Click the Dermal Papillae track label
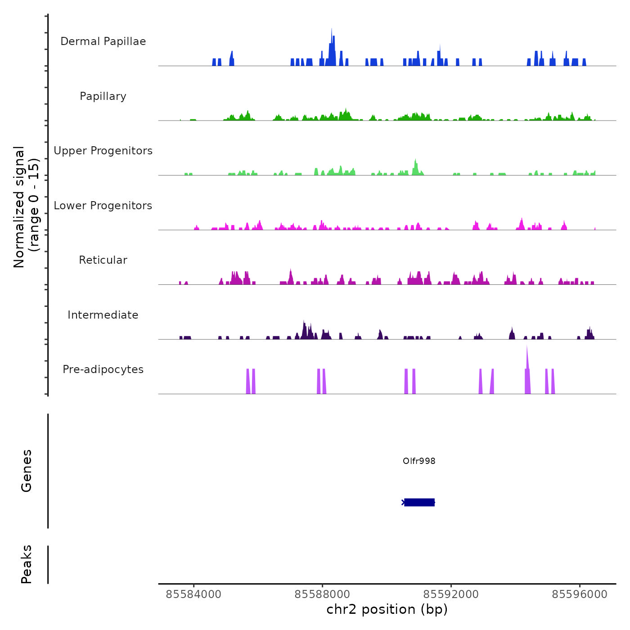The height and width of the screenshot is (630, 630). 103,41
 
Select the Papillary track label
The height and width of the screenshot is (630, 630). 103,96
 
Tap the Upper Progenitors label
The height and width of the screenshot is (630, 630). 103,151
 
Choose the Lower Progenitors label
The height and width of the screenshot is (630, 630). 103,206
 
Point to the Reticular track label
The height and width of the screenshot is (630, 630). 103,260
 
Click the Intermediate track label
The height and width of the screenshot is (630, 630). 103,315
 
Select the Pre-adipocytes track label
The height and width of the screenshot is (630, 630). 103,369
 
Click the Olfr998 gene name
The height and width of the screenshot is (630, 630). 419,461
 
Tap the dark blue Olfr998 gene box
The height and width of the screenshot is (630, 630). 419,502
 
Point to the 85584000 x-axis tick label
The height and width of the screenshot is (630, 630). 193,594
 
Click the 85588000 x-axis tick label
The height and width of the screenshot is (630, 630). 322,594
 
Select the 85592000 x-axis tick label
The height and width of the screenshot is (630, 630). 451,594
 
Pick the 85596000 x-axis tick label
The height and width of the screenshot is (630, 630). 580,594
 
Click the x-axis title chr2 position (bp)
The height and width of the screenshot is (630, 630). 387,609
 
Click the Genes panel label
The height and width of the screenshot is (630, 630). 27,471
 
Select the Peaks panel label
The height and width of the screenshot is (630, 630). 27,564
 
